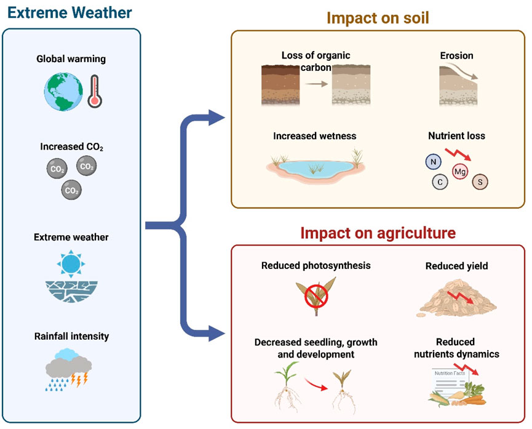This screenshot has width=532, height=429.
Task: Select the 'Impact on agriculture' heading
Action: [x=378, y=233]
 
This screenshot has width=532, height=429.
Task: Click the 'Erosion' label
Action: [x=456, y=55]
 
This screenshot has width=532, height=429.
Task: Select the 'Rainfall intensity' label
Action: [x=71, y=336]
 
